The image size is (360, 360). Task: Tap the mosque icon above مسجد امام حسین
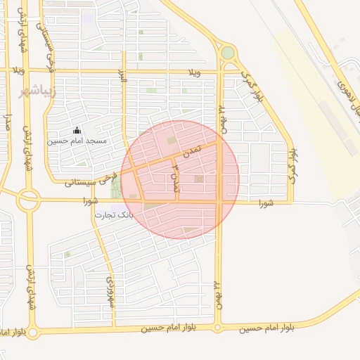pyautogui.click(x=77, y=131)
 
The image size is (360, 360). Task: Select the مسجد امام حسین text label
pyautogui.click(x=77, y=141)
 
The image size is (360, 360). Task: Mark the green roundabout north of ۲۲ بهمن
pyautogui.click(x=227, y=53)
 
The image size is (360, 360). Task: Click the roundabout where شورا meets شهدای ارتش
pyautogui.click(x=29, y=201)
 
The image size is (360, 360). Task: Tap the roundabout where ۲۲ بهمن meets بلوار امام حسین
pyautogui.click(x=218, y=328)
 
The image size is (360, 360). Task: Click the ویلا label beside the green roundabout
pyautogui.click(x=195, y=72)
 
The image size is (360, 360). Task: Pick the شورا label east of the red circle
pyautogui.click(x=264, y=203)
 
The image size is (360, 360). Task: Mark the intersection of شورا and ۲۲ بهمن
pyautogui.click(x=219, y=202)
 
